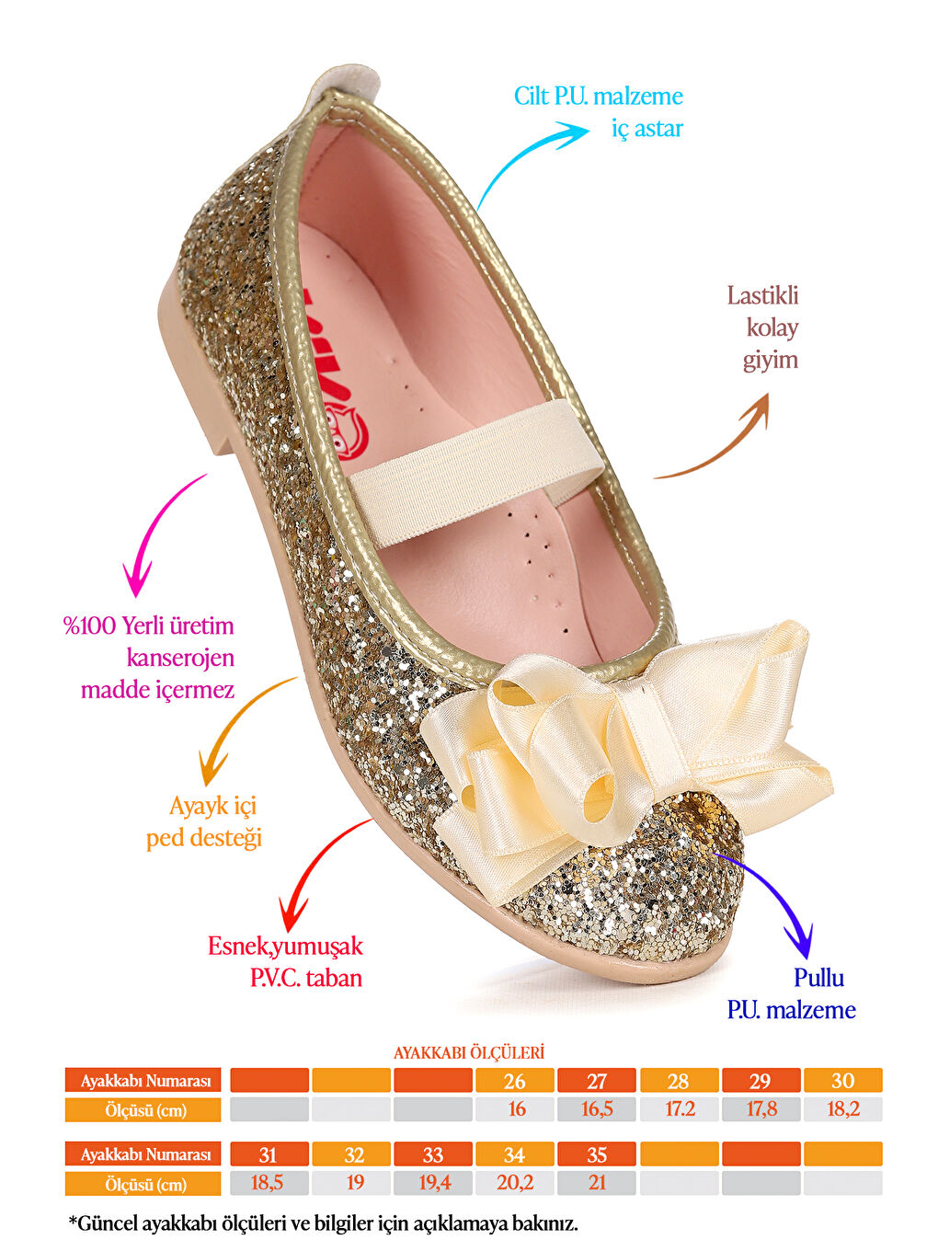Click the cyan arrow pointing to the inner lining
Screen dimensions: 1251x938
[529, 161]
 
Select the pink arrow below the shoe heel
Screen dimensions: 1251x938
[156, 534]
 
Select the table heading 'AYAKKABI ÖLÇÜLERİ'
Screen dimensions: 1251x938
[469, 1052]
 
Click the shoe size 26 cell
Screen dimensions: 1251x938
[515, 1081]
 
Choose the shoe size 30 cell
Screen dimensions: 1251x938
[842, 1081]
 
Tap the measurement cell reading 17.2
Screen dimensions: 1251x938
[680, 1109]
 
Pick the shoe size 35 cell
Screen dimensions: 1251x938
[597, 1154]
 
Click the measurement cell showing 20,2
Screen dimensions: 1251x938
[515, 1183]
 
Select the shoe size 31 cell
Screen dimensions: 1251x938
[269, 1154]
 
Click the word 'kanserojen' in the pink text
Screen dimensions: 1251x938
[180, 658]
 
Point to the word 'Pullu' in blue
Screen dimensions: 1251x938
[818, 978]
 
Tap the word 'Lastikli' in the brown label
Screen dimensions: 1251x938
[762, 296]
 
